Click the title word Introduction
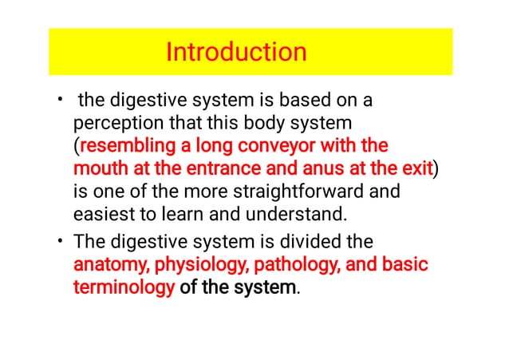click(x=235, y=53)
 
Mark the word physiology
click(x=191, y=264)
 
